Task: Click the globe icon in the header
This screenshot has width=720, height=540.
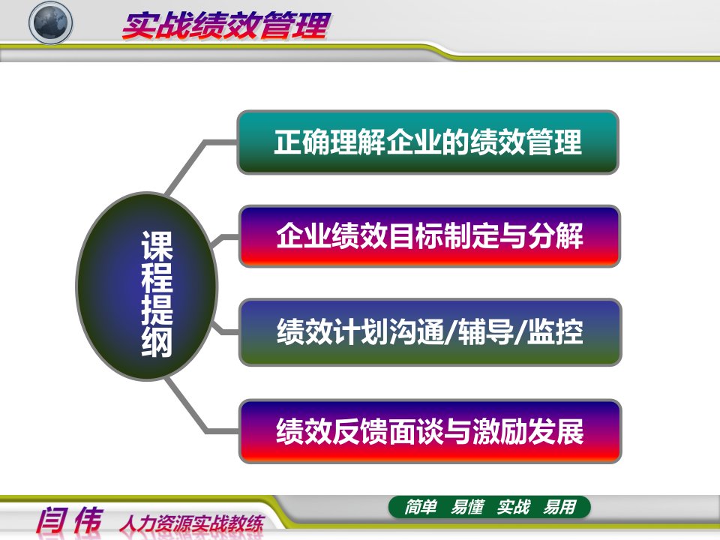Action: click(x=50, y=22)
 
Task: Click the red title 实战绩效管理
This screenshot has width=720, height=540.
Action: click(x=226, y=25)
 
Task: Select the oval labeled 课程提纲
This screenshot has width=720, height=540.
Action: click(x=146, y=286)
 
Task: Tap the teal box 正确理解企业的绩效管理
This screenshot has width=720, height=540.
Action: click(x=428, y=142)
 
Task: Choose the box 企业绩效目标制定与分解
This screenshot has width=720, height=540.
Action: click(x=430, y=236)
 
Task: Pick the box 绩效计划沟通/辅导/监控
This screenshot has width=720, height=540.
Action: click(x=430, y=332)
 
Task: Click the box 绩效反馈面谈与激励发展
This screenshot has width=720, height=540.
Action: click(x=430, y=431)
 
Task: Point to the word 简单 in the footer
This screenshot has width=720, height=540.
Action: click(x=420, y=507)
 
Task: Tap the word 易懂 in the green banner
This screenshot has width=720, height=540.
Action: click(x=467, y=507)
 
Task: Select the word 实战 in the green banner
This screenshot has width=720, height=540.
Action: click(x=513, y=507)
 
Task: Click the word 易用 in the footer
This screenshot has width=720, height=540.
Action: click(x=559, y=507)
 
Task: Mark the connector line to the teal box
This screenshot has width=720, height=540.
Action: click(x=193, y=160)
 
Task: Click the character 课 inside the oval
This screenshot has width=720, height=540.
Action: click(x=157, y=245)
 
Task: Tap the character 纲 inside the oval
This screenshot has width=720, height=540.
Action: click(x=157, y=341)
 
